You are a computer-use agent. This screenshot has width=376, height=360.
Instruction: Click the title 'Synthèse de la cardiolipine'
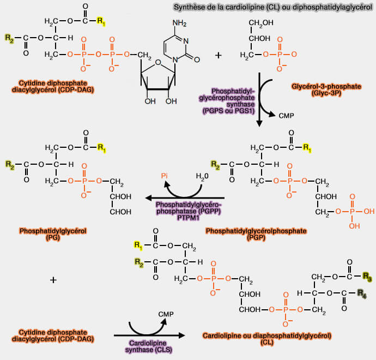tap(272, 7)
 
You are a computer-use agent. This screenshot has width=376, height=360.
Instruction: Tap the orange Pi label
tap(165, 176)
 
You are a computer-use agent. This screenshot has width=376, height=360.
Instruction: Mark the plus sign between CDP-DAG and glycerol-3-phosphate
tap(219, 55)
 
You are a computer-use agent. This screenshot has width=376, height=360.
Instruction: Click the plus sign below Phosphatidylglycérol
tap(53, 280)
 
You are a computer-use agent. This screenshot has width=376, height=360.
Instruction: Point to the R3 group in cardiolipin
tap(368, 277)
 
